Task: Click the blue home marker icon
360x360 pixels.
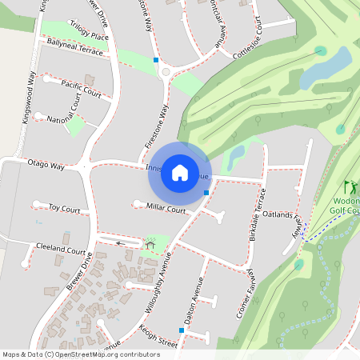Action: pos(180,173)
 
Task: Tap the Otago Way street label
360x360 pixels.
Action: pos(46,164)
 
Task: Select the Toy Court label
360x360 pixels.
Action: pos(65,209)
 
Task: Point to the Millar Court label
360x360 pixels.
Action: pos(166,208)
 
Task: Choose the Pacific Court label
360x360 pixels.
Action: pos(82,89)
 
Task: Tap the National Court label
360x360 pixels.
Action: pos(65,120)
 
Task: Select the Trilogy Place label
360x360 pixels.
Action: pos(89,30)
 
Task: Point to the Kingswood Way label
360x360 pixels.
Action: pos(30,97)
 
